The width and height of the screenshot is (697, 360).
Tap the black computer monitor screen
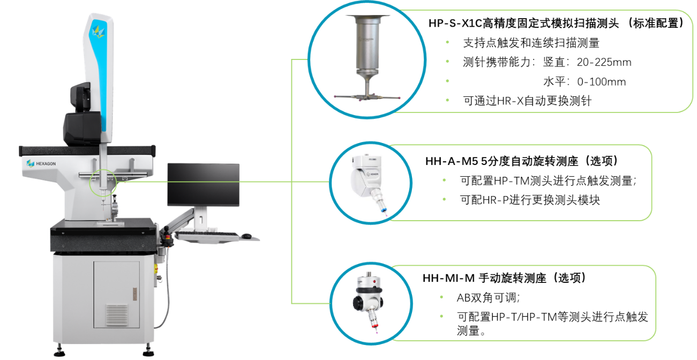tap(203, 185)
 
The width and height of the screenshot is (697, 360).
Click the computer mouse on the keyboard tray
tap(246, 236)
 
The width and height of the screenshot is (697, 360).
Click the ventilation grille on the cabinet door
tap(117, 314)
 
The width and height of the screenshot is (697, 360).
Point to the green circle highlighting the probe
tap(103, 182)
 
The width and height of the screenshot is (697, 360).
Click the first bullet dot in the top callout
tap(447, 41)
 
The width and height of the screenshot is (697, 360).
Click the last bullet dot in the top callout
tap(447, 100)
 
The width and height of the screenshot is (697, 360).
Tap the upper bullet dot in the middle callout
tap(444, 180)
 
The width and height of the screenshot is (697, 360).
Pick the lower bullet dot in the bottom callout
tap(441, 316)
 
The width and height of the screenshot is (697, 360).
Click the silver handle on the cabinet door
tap(135, 294)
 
